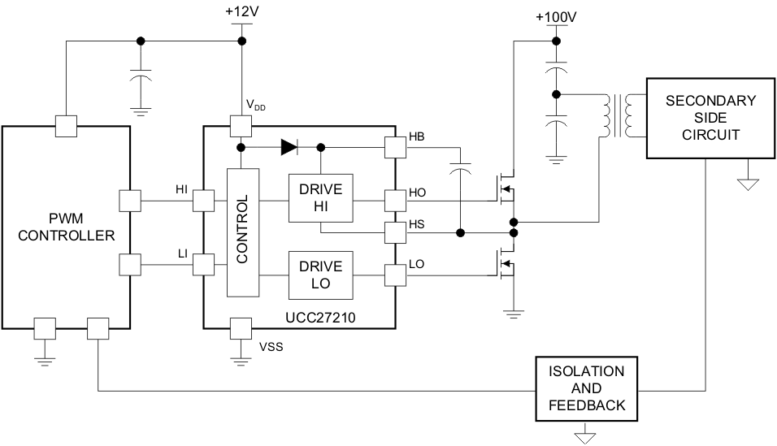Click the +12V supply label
coord(242,11)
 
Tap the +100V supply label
coord(556,17)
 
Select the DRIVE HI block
coord(320,197)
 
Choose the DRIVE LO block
coord(320,275)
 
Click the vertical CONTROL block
coord(243,232)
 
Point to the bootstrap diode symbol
coord(289,147)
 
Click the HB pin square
coord(395,147)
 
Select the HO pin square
coord(395,201)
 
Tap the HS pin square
coord(395,232)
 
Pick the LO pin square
coord(395,275)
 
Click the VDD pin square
coord(241,126)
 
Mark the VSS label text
coord(271,347)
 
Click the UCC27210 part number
coord(320,318)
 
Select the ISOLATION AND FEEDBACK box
coord(586,388)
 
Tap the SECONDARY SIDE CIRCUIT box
coord(710,118)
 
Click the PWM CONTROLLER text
coord(67,227)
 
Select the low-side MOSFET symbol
coord(506,263)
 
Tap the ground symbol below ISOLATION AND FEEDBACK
coord(585,435)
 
